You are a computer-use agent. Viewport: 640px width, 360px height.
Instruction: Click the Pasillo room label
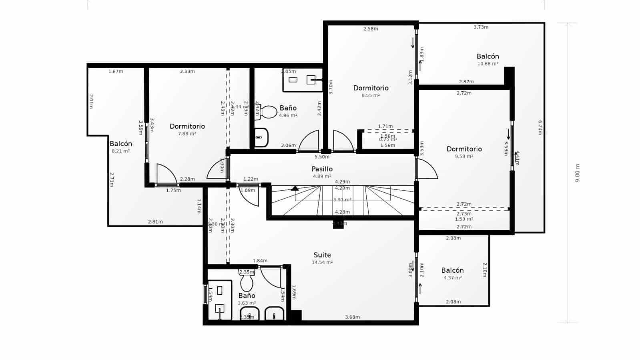coord(322,169)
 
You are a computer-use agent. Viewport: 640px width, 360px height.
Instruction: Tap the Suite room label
coord(322,255)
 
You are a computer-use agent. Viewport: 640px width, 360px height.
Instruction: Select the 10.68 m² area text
coord(488,64)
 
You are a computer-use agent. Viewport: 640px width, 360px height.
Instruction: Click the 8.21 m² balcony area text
coord(120,151)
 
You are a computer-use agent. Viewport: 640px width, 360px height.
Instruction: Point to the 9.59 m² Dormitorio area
coord(464,156)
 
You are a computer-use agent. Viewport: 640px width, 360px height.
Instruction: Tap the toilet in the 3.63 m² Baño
coord(247,283)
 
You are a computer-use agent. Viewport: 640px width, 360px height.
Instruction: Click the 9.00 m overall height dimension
coord(577,173)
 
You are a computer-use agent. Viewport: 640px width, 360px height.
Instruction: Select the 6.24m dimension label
coord(540,127)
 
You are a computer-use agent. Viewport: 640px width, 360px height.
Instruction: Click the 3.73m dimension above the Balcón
coord(481,27)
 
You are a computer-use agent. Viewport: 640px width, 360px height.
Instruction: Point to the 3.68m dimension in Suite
coord(352,317)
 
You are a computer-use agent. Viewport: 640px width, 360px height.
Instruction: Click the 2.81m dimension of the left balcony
coord(155,222)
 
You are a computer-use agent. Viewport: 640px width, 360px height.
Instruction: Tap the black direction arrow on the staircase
coord(295,187)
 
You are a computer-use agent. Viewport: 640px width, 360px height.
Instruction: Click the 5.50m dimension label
coord(322,157)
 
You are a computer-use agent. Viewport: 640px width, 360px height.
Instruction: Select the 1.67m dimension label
coord(116,72)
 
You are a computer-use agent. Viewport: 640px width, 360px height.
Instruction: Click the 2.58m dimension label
coord(370,29)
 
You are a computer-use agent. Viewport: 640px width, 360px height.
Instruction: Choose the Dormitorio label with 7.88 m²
coord(187,126)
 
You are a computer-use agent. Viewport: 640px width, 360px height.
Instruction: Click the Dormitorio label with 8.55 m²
coord(371,88)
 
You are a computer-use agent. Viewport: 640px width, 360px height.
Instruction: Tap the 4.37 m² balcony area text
coord(452,278)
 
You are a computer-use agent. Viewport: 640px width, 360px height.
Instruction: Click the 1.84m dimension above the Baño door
coord(260,261)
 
